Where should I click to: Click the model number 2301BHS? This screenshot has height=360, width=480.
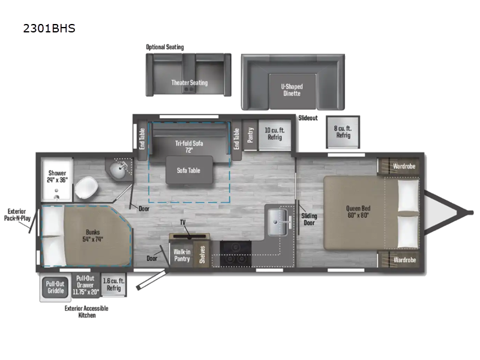coord(49,28)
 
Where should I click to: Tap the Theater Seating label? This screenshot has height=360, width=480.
coord(189,82)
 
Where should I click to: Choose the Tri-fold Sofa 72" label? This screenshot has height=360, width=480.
coord(188,146)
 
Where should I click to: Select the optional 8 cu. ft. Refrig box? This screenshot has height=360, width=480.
coord(343,132)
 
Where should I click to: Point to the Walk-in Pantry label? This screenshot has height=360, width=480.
coord(182,255)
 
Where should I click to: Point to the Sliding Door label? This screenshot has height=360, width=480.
coord(310,220)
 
